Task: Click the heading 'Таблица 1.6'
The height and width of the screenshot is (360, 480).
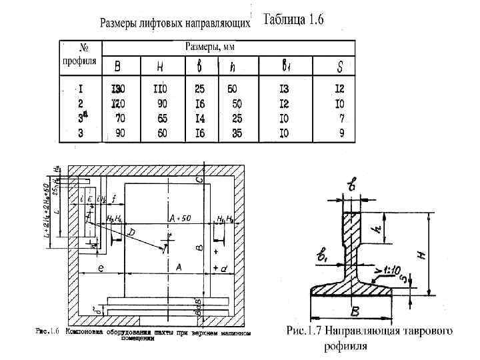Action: tap(293, 19)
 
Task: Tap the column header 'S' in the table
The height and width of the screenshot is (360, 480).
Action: tap(341, 67)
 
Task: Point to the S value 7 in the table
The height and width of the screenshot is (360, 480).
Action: tap(341, 118)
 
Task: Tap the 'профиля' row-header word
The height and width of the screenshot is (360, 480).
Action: tap(79, 60)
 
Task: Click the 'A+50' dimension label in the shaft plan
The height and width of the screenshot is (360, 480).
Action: tap(180, 218)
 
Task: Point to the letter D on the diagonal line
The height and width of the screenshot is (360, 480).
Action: tap(131, 233)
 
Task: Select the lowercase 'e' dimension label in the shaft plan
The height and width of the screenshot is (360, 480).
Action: tap(100, 268)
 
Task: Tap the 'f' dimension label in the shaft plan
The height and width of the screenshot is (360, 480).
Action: tap(114, 199)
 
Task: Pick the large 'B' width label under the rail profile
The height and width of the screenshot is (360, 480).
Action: tap(355, 311)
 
